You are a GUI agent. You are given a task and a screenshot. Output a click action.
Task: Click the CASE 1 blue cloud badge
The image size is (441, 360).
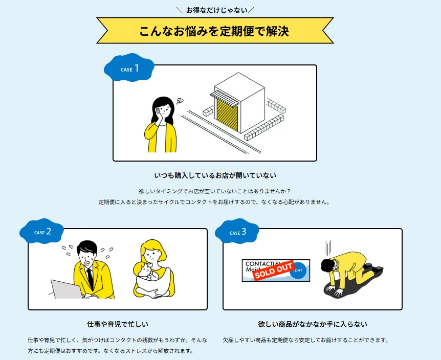(129, 69)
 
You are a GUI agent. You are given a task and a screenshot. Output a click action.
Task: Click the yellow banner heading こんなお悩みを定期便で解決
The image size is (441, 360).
(214, 31)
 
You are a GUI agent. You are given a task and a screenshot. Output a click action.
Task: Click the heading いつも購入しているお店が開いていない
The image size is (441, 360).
(214, 175)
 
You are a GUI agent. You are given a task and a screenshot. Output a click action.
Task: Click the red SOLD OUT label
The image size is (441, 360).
(274, 271)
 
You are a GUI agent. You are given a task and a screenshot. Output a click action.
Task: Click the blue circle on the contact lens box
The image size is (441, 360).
(299, 270)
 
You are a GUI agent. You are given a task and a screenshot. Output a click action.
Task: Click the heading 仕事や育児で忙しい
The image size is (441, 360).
(118, 324)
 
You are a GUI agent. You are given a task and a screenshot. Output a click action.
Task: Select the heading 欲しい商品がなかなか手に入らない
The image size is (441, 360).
(313, 324)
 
